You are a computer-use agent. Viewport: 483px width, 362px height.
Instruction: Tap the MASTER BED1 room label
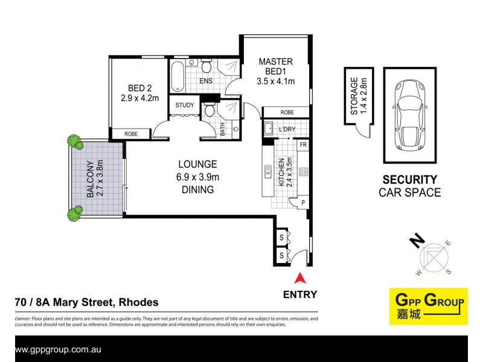(275, 71)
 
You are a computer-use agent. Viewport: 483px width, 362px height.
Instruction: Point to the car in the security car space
(408, 115)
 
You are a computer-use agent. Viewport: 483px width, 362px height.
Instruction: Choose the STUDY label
(184, 106)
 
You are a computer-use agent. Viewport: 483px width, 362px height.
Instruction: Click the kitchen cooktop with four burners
(303, 172)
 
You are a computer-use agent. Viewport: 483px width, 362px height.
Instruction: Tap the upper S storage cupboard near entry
(281, 238)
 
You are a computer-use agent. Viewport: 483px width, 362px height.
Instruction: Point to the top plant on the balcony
(74, 142)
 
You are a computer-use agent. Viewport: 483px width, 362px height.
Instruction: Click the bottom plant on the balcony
(75, 212)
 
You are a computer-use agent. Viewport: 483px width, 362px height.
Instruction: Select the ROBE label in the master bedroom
(287, 113)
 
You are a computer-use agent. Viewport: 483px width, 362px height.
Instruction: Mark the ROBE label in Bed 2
(130, 134)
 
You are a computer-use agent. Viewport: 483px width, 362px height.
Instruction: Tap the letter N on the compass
(415, 243)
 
